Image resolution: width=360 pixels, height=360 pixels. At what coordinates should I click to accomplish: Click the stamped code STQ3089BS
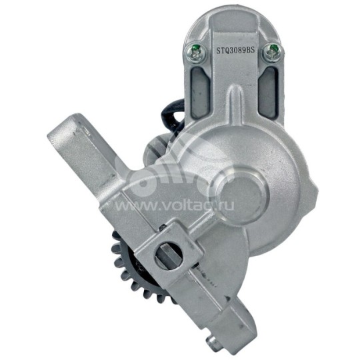pos(235,51)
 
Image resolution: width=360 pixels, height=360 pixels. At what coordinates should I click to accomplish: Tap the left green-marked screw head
pos(195,53)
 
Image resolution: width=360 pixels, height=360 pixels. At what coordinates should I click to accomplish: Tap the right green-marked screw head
pos(272,53)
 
